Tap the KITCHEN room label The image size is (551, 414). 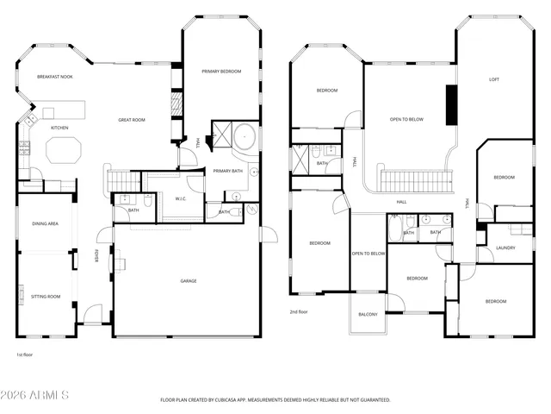pyautogui.click(x=59, y=128)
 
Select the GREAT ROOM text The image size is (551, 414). pyautogui.click(x=132, y=121)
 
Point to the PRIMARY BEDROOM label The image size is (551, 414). pyautogui.click(x=221, y=72)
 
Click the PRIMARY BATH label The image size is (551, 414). pyautogui.click(x=226, y=170)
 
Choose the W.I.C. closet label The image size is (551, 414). pyautogui.click(x=182, y=199)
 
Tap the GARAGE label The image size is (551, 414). pyautogui.click(x=188, y=280)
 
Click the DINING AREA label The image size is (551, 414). pyautogui.click(x=46, y=223)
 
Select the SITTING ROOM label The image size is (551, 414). pyautogui.click(x=46, y=296)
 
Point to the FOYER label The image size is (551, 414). pyautogui.click(x=96, y=256)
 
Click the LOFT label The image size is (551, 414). pyautogui.click(x=494, y=79)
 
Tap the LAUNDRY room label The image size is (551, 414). pyautogui.click(x=506, y=248)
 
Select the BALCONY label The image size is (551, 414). pyautogui.click(x=368, y=314)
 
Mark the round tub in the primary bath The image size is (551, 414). pyautogui.click(x=246, y=136)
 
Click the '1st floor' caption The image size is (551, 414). pyautogui.click(x=24, y=354)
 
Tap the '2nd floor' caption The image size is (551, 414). pyautogui.click(x=299, y=311)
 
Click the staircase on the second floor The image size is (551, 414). pyautogui.click(x=416, y=181)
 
